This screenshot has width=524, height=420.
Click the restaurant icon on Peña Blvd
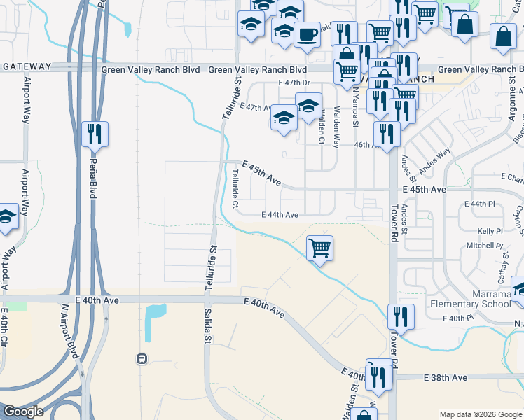point(95,133)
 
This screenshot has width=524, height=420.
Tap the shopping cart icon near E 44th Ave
point(319,247)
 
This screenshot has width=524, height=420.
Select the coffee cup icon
point(306,34)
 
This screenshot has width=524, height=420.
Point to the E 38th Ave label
point(446,377)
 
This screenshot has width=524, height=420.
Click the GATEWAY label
point(27,66)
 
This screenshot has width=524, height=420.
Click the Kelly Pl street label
point(490,230)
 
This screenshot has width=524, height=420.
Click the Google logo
point(23,412)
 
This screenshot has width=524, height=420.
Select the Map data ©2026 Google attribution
point(480,414)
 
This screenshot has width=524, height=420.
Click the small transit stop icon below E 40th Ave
point(142,358)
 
